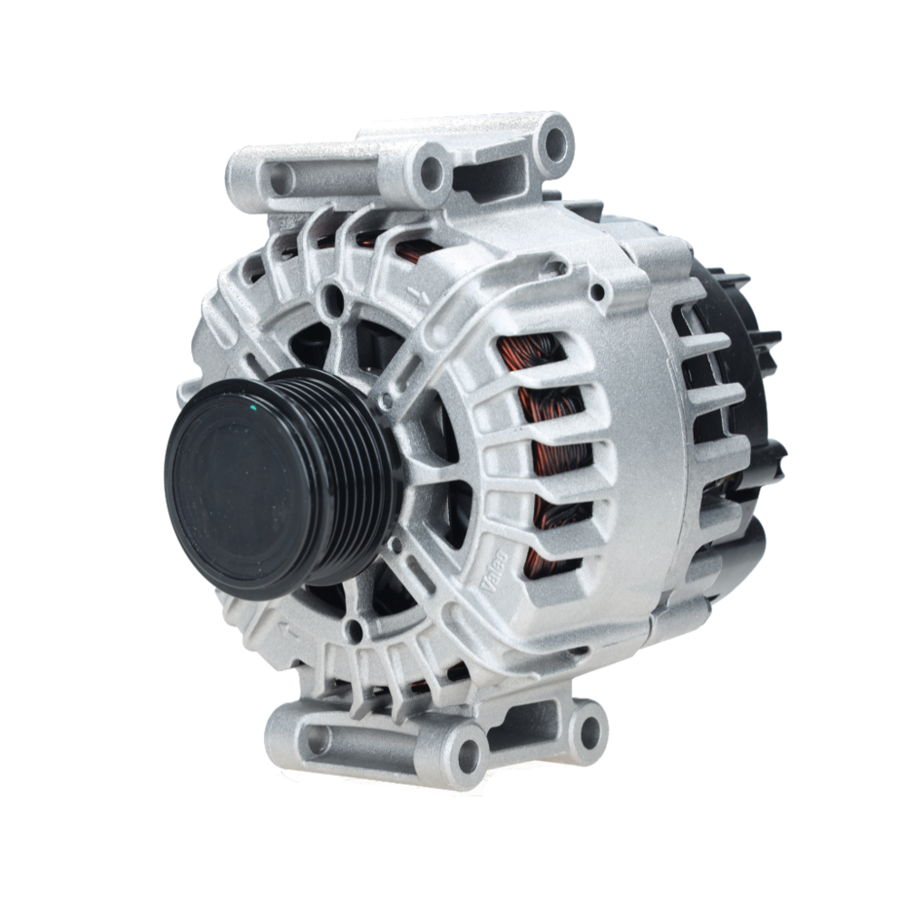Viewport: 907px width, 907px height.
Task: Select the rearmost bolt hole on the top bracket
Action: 554,142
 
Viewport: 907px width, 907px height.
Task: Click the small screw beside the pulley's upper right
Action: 387,398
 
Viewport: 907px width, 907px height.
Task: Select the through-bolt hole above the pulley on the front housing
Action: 336,300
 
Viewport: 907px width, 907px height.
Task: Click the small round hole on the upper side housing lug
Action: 598,291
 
